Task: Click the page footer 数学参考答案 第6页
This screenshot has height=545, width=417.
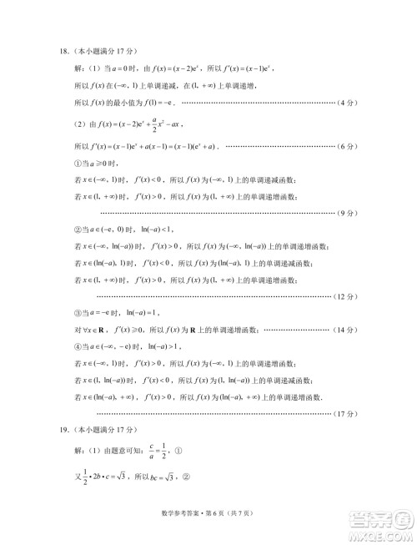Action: pos(208,522)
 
